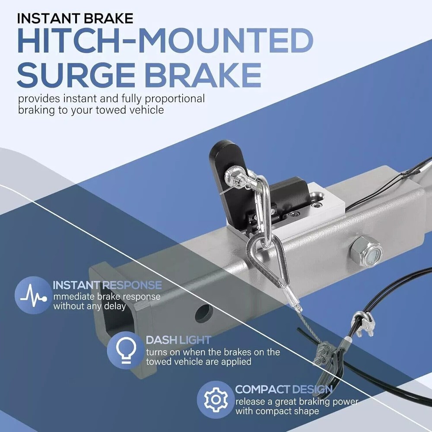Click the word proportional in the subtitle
tap(175, 98)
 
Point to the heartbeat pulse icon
tap(33, 295)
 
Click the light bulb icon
tap(126, 350)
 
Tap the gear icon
tap(216, 400)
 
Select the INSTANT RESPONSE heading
tap(107, 285)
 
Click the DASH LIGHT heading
tap(178, 340)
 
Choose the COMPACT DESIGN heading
tap(284, 389)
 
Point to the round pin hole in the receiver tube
tap(204, 313)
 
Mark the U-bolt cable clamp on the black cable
tap(364, 324)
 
